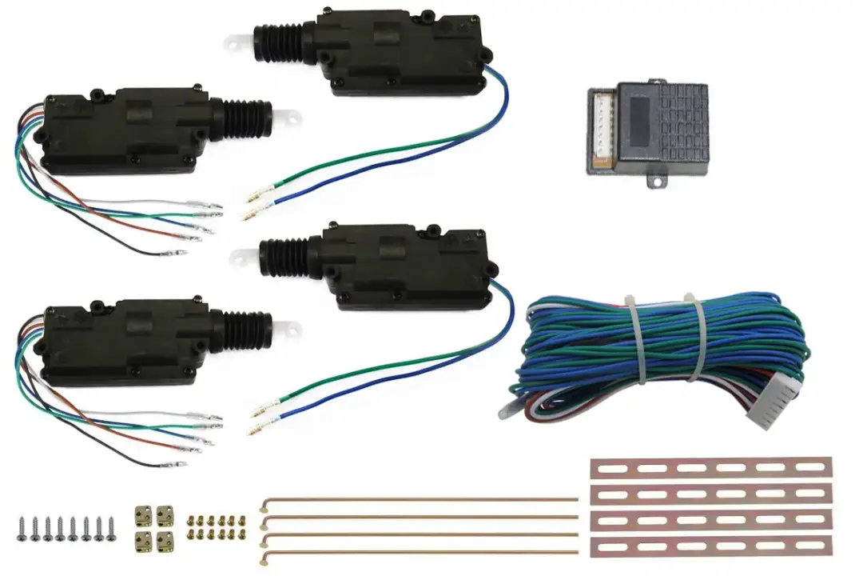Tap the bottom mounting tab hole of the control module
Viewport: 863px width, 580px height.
click(x=656, y=182)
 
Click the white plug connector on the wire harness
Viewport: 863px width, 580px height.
click(x=774, y=405)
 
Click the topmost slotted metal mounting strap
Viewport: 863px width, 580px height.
click(x=710, y=467)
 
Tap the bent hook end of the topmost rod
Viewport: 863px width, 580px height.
click(x=264, y=504)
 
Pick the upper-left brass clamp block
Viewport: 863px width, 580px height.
click(x=145, y=512)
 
